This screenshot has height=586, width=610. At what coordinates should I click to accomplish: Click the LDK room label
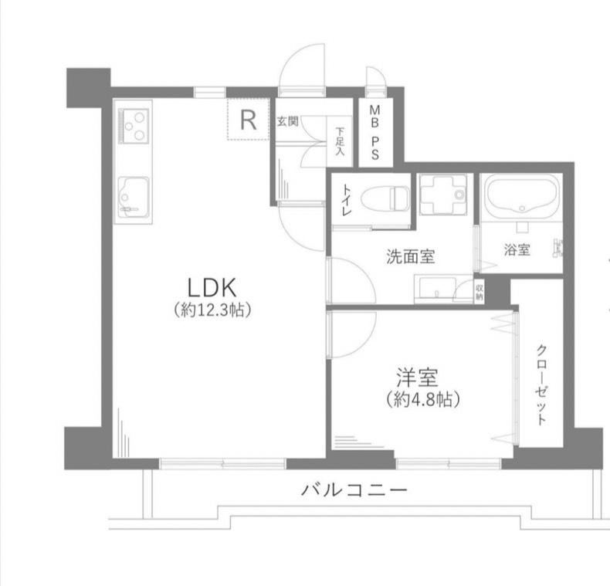tap(212, 288)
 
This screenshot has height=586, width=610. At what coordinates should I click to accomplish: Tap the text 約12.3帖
tap(212, 310)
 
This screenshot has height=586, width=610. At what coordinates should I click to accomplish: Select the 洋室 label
tap(418, 378)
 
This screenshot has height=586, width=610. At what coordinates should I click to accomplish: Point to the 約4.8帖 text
tap(423, 399)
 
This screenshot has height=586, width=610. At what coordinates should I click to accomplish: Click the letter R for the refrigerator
tap(248, 120)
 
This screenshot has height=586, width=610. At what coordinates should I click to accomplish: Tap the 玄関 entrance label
tap(287, 121)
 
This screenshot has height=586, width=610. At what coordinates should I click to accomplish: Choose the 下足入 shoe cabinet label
tap(341, 141)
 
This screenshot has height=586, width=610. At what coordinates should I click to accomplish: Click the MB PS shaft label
tap(374, 132)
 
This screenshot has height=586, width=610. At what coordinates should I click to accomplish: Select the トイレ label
tap(346, 200)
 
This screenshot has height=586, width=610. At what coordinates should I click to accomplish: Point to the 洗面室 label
tap(411, 256)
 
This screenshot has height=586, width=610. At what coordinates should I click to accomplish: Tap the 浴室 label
tap(517, 250)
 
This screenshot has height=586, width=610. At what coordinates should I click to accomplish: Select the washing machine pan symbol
tap(443, 194)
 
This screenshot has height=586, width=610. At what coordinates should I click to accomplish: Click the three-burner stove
tap(134, 127)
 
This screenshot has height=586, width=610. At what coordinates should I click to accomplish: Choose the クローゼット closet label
tap(541, 384)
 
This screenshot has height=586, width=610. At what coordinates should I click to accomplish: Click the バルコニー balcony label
tap(354, 489)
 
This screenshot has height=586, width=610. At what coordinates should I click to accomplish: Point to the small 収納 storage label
tap(480, 293)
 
